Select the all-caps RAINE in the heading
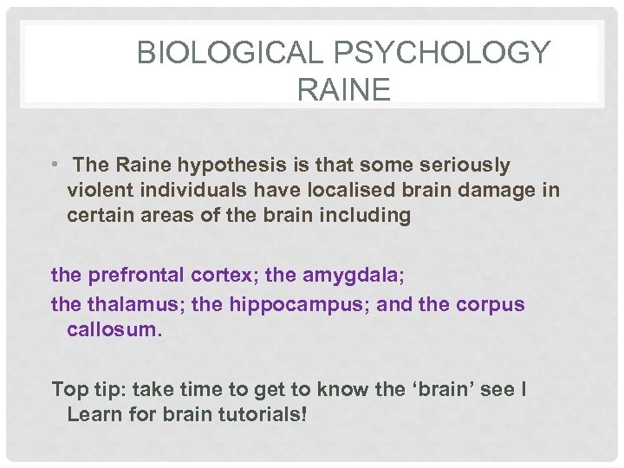point(343,89)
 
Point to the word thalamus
point(124,306)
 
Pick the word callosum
point(114,331)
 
